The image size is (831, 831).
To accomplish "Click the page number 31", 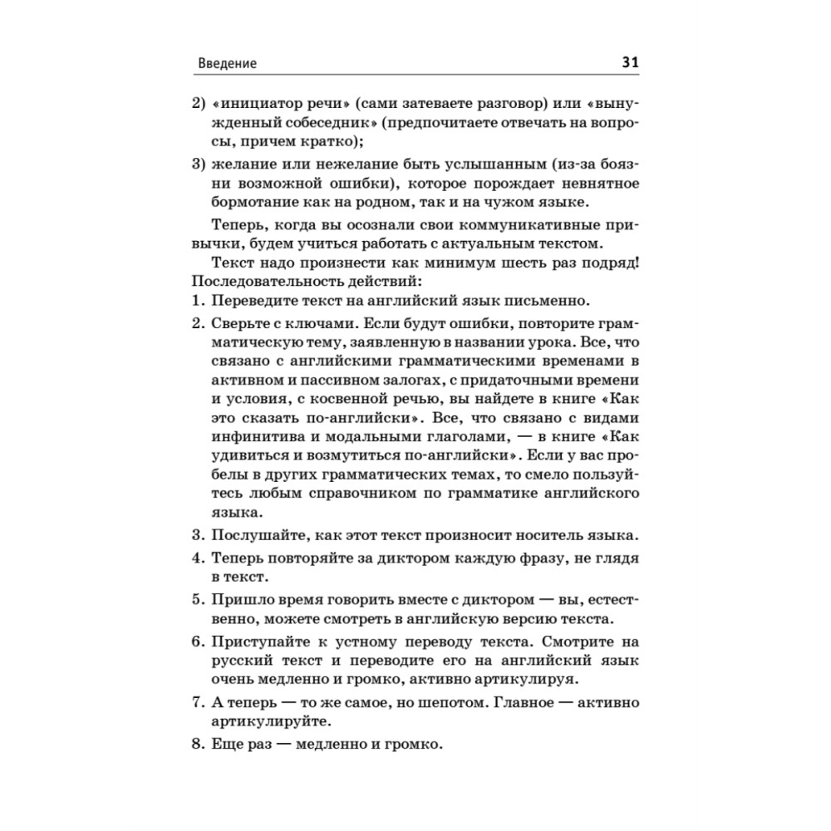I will [629, 63].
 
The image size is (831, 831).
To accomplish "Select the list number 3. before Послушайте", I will [197, 534].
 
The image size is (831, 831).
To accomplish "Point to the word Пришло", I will [241, 598].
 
